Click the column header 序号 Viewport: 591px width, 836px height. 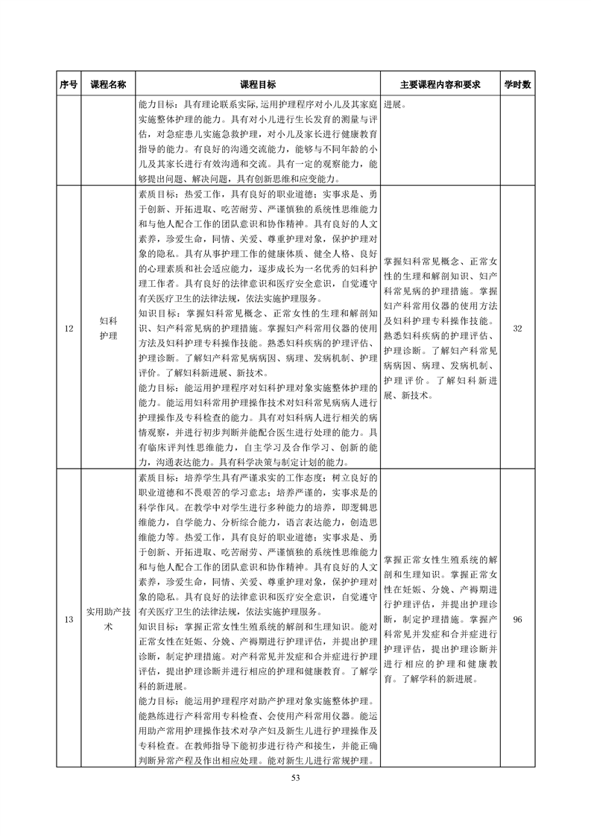click(69, 85)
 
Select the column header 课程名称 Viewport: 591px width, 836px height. click(108, 85)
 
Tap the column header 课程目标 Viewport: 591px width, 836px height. click(258, 85)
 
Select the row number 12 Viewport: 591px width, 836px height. click(69, 328)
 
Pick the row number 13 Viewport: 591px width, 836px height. click(69, 619)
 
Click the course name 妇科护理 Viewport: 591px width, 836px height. click(108, 328)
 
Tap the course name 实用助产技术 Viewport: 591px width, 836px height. click(108, 619)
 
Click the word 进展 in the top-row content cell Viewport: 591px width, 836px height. click(394, 105)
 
